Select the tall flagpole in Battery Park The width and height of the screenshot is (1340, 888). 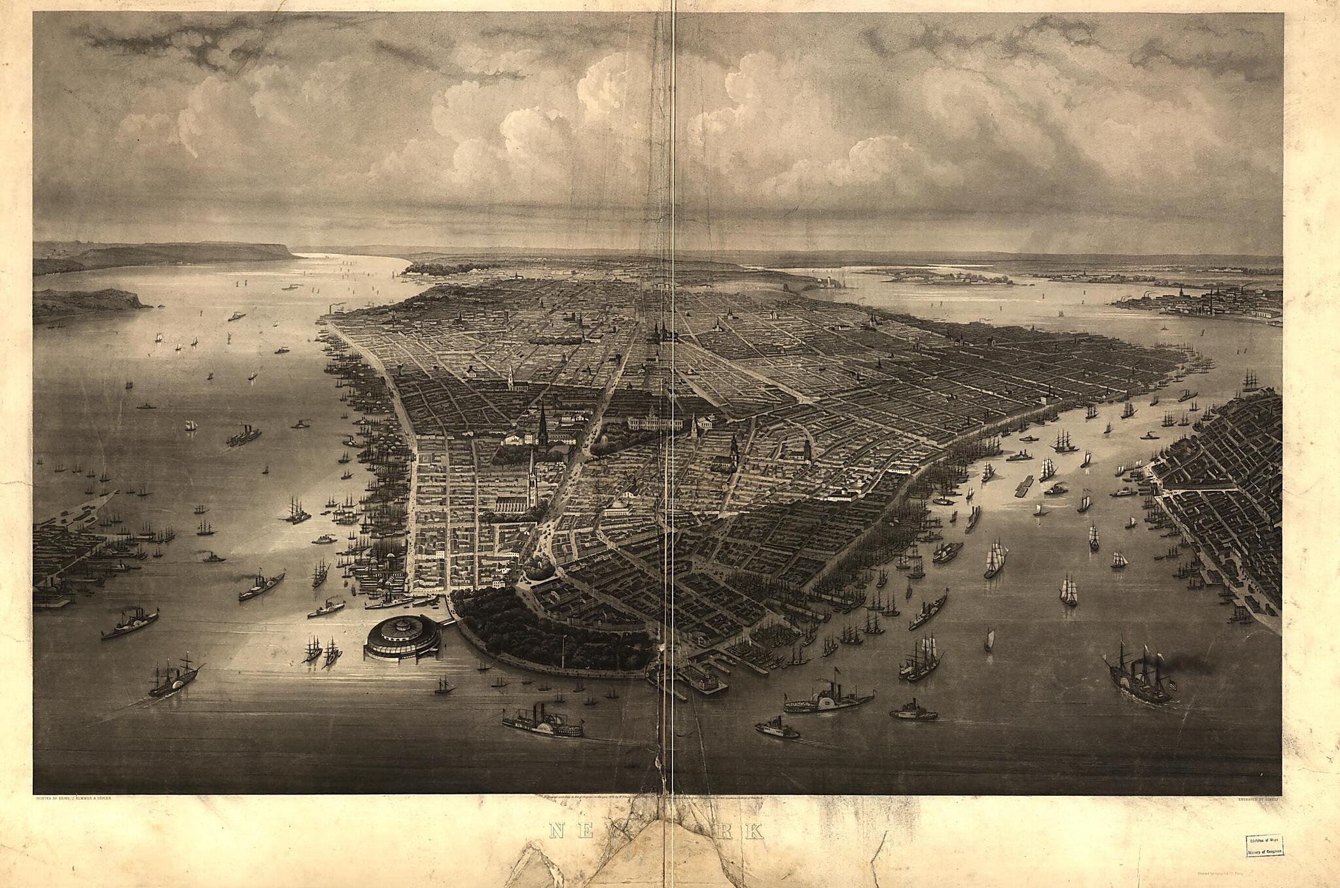tap(563, 648)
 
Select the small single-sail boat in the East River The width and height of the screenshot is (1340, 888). tap(989, 640)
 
